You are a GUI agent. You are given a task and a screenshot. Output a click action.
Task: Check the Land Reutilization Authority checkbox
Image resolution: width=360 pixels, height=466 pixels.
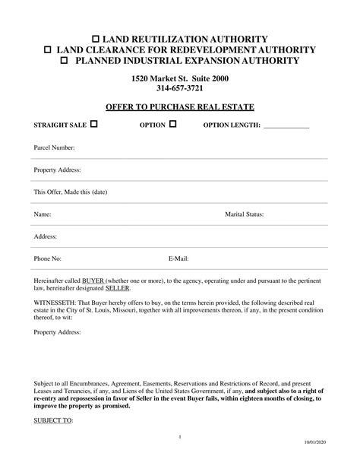tap(95, 38)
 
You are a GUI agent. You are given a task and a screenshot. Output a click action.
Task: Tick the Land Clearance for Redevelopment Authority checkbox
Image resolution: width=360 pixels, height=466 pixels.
tap(48, 49)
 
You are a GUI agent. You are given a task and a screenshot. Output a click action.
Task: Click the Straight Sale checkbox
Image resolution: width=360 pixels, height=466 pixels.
tap(93, 124)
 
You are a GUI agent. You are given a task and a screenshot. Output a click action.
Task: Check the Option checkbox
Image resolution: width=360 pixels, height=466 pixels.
tap(172, 124)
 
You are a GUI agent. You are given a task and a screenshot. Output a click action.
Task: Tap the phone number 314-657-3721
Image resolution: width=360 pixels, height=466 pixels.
tap(179, 89)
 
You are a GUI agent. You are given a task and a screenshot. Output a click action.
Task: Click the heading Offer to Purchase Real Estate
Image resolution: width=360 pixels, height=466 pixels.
tap(179, 106)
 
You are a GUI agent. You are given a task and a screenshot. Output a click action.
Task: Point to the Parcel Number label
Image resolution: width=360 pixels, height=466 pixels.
tap(54, 147)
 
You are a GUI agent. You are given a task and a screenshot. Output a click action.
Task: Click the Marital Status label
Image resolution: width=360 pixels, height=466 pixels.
tap(244, 215)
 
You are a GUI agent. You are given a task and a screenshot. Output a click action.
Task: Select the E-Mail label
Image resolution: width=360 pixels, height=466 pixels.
tap(178, 259)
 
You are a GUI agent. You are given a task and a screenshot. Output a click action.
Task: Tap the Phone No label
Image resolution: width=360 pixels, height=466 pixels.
tap(48, 259)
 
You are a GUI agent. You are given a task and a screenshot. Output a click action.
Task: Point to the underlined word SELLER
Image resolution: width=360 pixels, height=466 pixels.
tap(118, 289)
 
